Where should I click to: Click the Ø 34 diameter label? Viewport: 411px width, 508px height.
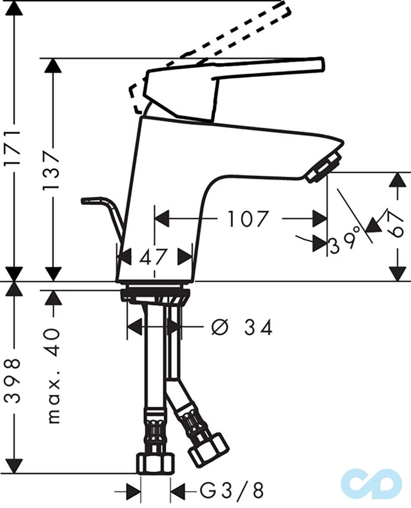click(242, 327)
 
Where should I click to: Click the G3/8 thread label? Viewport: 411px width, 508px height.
click(231, 491)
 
